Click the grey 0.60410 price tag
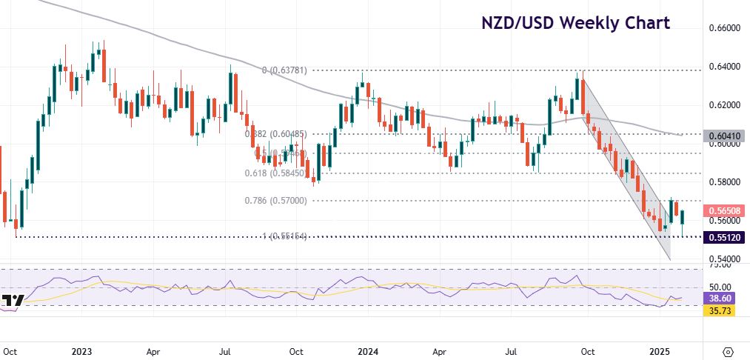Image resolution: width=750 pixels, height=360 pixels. point(726,136)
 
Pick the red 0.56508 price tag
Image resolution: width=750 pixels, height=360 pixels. point(726,210)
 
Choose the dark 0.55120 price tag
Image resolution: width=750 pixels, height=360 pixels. point(726,237)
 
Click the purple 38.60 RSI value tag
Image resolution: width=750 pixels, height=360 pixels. point(717,297)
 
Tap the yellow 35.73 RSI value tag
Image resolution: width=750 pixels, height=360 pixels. point(717,310)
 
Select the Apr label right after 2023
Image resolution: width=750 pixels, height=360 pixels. point(153,351)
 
